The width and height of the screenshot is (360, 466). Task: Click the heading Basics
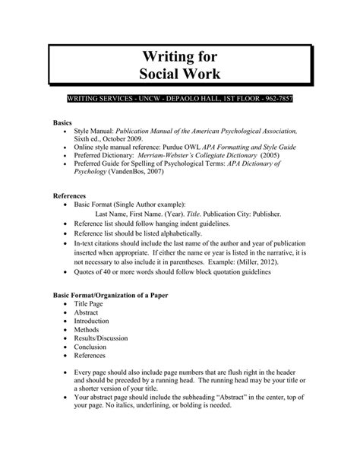tap(63, 122)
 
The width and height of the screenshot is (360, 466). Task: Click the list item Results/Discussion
tap(100, 338)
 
